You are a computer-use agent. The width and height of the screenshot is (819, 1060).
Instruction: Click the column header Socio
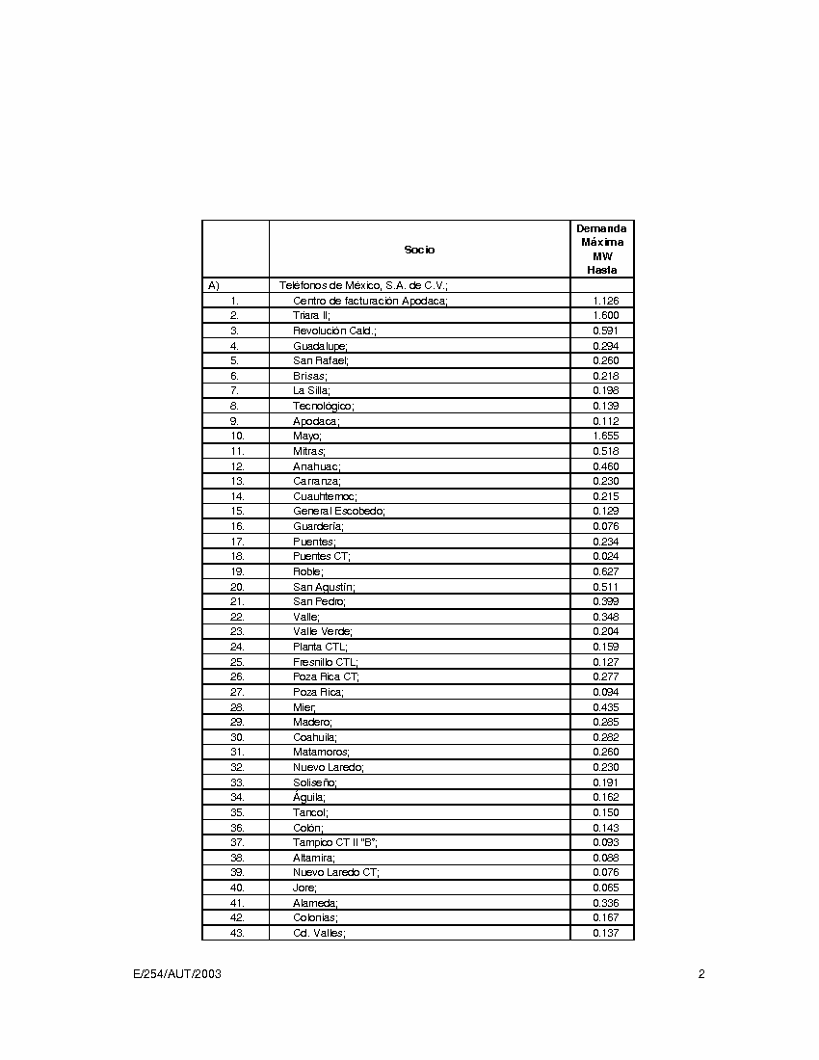pyautogui.click(x=419, y=250)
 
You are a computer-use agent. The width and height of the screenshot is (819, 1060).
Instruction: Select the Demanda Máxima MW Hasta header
pyautogui.click(x=601, y=250)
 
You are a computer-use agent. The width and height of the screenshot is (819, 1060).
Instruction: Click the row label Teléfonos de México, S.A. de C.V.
pyautogui.click(x=363, y=285)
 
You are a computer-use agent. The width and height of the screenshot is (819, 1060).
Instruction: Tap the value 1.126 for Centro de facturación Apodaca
pyautogui.click(x=605, y=301)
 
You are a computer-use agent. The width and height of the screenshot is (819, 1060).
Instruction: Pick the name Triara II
pyautogui.click(x=312, y=315)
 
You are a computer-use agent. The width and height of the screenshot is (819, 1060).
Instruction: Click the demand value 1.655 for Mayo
pyautogui.click(x=605, y=436)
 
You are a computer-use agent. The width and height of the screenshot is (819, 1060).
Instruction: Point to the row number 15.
pyautogui.click(x=237, y=511)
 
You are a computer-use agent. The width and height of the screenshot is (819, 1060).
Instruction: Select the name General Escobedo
pyautogui.click(x=339, y=511)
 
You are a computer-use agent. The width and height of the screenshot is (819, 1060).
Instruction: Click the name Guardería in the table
pyautogui.click(x=319, y=526)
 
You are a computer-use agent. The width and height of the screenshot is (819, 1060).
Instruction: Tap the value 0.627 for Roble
pyautogui.click(x=605, y=571)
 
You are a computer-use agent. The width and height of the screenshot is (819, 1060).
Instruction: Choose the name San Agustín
pyautogui.click(x=325, y=587)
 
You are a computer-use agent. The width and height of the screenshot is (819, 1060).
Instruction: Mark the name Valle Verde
pyautogui.click(x=323, y=631)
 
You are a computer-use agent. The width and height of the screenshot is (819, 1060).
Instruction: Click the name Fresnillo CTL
pyautogui.click(x=326, y=662)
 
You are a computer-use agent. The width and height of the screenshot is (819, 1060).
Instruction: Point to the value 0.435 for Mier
pyautogui.click(x=605, y=707)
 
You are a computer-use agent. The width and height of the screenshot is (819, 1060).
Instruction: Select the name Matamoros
pyautogui.click(x=322, y=752)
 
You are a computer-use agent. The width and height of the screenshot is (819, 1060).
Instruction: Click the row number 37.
pyautogui.click(x=237, y=842)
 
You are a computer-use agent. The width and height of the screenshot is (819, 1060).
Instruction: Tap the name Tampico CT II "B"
pyautogui.click(x=335, y=842)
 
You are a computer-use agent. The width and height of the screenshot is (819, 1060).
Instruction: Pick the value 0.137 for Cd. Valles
pyautogui.click(x=605, y=933)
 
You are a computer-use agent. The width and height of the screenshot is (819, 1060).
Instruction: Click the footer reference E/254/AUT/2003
pyautogui.click(x=177, y=974)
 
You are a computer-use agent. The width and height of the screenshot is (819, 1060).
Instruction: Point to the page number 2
pyautogui.click(x=701, y=974)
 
